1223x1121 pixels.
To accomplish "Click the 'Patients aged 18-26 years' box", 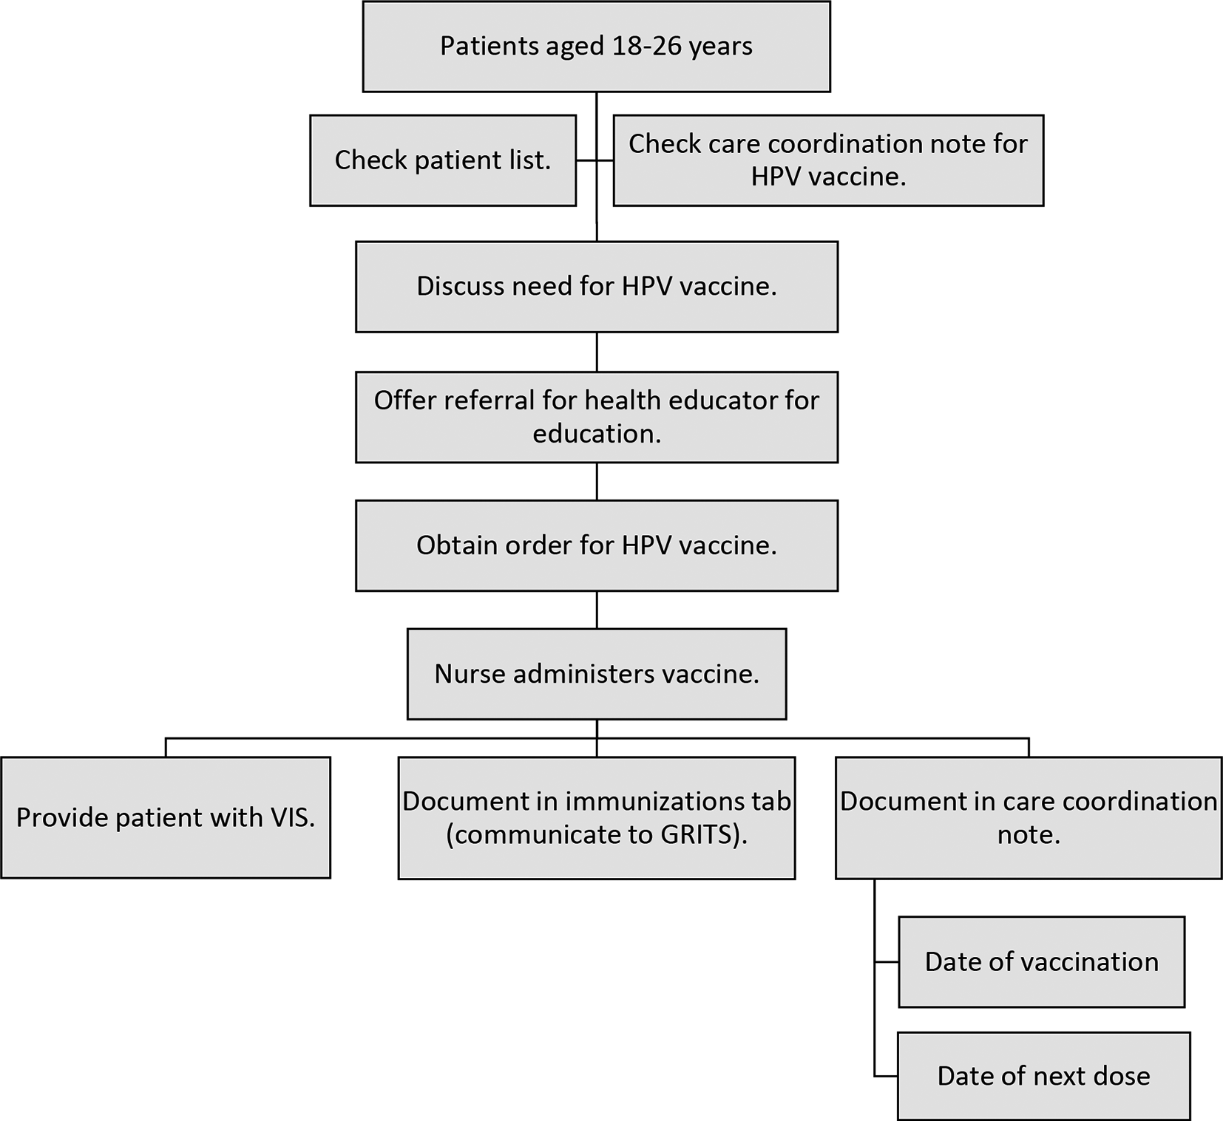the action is (x=596, y=47).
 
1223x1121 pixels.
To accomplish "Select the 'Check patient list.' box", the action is (x=443, y=160).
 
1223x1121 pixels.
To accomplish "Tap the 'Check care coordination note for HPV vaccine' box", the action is (x=828, y=160).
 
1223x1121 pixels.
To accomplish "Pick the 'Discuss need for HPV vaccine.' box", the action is (x=597, y=287).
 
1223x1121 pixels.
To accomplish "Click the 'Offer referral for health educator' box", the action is (x=597, y=418).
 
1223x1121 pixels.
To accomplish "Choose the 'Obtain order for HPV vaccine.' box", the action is (x=597, y=545).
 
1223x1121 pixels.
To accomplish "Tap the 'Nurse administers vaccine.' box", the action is (x=597, y=674).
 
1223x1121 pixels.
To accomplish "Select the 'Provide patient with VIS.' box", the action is (x=166, y=817).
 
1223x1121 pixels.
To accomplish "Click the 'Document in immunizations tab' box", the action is (x=597, y=818).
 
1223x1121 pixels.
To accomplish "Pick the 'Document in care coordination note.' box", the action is (x=1029, y=818).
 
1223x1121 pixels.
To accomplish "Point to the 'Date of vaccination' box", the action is (x=1042, y=962).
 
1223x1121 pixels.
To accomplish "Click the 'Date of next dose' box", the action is (x=1044, y=1076).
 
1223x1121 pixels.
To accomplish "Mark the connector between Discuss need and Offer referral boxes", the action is (x=597, y=352).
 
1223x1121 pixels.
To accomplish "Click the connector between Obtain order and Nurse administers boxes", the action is (x=597, y=610).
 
